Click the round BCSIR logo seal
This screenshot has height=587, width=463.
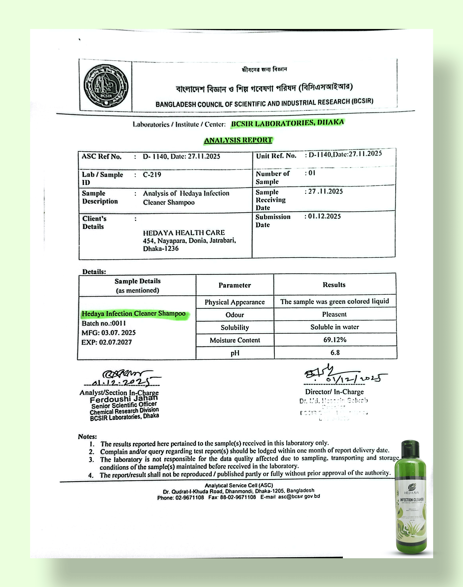[106, 86]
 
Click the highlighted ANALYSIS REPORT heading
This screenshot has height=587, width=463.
[238, 140]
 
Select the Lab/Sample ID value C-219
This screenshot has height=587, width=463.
[152, 175]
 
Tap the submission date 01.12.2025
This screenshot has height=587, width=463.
[324, 216]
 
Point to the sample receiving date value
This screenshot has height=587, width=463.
[325, 191]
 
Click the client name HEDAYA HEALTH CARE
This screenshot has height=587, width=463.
[184, 233]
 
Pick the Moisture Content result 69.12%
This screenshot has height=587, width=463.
[335, 340]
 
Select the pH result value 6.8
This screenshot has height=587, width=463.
[335, 353]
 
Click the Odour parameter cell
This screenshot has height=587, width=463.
[235, 315]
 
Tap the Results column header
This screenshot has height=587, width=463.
[334, 285]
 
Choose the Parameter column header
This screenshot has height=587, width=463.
[235, 285]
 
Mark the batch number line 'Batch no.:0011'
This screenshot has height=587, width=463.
[104, 323]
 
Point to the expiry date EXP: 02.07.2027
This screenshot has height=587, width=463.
[106, 342]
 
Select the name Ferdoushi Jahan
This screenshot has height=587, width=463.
[124, 399]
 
